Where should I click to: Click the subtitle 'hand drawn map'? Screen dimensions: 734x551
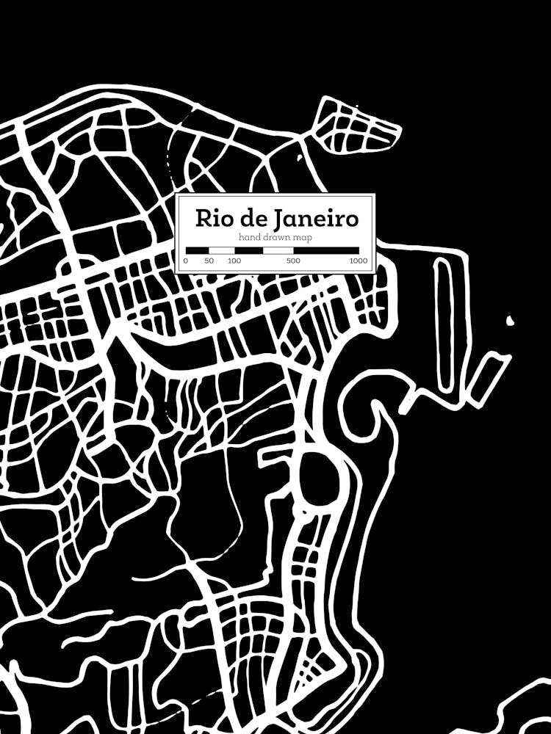coord(275,237)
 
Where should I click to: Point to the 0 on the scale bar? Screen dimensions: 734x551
coord(186,261)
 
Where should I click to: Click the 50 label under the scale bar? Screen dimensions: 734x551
coord(209,261)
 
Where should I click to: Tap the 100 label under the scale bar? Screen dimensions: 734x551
coord(234,261)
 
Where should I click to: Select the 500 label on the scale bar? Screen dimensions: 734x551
coord(293,261)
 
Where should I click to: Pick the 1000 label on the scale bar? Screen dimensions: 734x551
coord(359,261)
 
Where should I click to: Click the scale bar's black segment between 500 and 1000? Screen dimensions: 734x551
coord(326,250)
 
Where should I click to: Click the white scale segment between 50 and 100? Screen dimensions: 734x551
coord(222,250)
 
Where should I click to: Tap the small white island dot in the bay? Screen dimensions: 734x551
coord(510,320)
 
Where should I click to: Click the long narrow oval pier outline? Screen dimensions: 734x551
coord(443,323)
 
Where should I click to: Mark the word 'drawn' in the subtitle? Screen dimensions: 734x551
coord(275,237)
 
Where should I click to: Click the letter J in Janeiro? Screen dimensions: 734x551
coord(278,219)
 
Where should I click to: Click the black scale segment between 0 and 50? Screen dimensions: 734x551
coord(197,250)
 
